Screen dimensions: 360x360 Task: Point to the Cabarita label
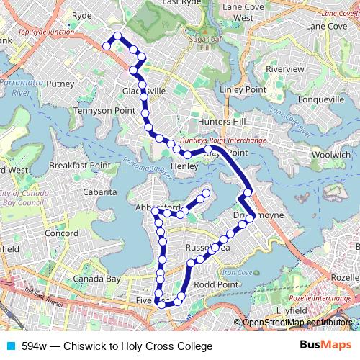(x=99, y=192)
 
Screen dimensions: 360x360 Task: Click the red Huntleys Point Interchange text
(x=223, y=140)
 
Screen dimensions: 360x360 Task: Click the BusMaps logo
(x=325, y=346)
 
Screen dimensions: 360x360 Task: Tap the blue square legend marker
(x=10, y=346)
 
